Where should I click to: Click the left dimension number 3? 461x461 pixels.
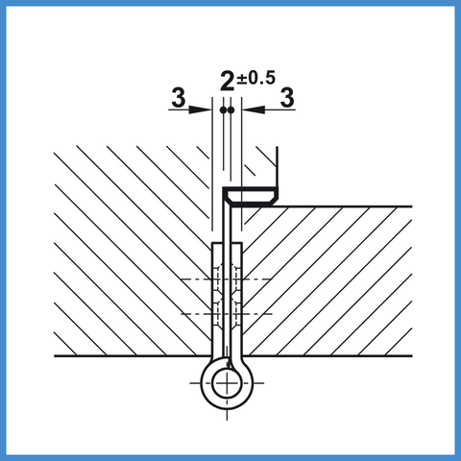179,97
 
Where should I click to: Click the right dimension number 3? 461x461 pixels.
287,97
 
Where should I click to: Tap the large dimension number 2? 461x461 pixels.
228,81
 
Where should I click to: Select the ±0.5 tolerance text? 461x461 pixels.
255,78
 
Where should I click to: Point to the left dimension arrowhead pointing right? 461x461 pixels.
199,109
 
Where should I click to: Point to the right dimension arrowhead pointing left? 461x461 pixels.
255,109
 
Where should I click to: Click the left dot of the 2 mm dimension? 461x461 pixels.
223,110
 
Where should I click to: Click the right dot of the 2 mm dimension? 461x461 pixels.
230,110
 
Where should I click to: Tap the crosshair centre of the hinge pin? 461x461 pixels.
227,383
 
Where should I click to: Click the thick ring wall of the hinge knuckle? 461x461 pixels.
205,383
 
